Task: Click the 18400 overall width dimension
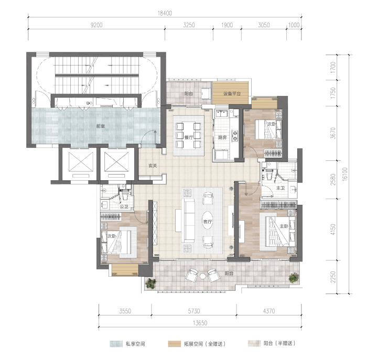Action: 165,13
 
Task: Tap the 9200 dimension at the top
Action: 96,25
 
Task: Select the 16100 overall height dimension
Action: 345,174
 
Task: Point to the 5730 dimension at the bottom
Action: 194,311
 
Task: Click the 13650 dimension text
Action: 200,323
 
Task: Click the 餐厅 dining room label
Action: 189,137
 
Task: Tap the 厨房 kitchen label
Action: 222,137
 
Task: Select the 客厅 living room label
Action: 208,222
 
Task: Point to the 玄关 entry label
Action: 153,166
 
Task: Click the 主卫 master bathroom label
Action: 281,189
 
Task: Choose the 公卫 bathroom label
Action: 124,206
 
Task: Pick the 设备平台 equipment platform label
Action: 232,94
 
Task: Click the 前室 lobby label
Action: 101,126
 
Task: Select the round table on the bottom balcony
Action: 203,276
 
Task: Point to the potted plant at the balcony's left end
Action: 150,283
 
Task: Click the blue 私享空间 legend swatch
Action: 116,344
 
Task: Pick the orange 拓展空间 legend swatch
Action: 175,344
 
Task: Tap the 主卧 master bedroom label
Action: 284,226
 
